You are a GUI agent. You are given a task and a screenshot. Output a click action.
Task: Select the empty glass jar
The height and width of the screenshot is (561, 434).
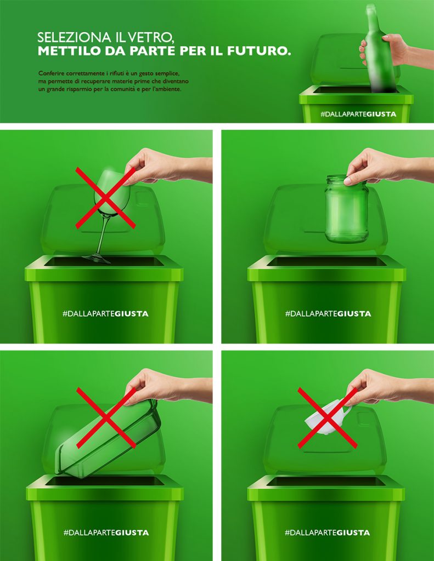(x=347, y=209)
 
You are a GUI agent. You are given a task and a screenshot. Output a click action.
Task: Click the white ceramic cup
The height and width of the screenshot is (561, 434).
(x=326, y=419)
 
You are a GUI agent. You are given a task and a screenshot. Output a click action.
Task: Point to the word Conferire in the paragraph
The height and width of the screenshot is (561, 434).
(x=51, y=73)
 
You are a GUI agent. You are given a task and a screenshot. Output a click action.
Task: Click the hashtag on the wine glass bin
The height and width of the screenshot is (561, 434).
(x=105, y=314)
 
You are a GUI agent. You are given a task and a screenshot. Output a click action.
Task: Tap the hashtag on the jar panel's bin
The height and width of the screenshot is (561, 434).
(x=328, y=314)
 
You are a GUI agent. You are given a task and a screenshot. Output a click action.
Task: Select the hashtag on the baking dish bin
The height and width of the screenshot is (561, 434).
(x=106, y=533)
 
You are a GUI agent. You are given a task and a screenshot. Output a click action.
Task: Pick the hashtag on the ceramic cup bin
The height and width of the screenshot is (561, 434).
(x=327, y=533)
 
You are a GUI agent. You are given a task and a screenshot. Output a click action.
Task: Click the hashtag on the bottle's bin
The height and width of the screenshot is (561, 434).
(x=358, y=114)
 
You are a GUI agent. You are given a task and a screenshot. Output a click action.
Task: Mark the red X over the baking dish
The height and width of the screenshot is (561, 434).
(x=106, y=417)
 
